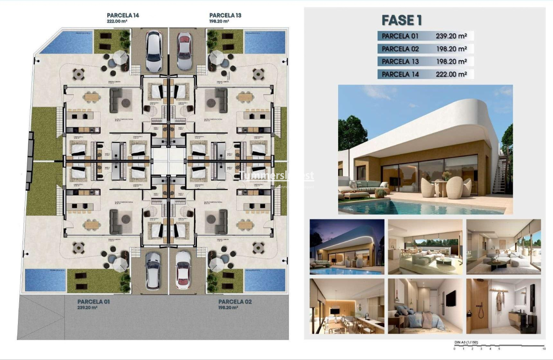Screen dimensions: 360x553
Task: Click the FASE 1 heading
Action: click(x=401, y=20)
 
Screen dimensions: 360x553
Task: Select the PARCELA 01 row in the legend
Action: click(x=425, y=36)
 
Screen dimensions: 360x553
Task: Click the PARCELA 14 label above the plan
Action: click(x=123, y=16)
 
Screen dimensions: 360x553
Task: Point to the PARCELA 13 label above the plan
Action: click(x=225, y=16)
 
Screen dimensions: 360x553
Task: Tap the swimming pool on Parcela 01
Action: click(x=45, y=280)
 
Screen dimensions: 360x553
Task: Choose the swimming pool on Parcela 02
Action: click(x=264, y=280)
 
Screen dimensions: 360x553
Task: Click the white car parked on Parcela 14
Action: click(x=153, y=51)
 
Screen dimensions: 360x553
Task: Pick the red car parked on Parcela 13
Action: click(x=184, y=51)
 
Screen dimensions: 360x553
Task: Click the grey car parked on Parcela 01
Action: click(x=153, y=271)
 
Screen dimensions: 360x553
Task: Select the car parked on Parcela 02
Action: click(x=183, y=270)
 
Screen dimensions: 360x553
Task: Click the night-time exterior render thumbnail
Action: click(x=347, y=246)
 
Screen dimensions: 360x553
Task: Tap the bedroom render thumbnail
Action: click(x=425, y=306)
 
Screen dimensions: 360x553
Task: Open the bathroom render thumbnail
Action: click(x=504, y=306)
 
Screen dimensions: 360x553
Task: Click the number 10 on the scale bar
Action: click(x=544, y=349)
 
